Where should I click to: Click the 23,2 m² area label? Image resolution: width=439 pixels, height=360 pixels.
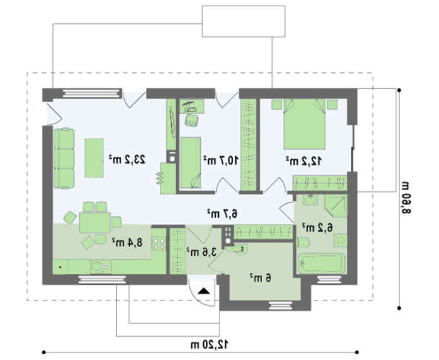tap(127, 159)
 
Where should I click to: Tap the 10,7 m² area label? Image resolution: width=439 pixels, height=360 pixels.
tap(221, 160)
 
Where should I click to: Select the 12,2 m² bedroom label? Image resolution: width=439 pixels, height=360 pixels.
tap(304, 161)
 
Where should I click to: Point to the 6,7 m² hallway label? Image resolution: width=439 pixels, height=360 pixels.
tap(222, 213)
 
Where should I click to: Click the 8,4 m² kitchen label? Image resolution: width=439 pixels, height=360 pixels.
tap(127, 242)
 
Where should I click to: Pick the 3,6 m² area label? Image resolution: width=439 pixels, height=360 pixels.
tap(201, 251)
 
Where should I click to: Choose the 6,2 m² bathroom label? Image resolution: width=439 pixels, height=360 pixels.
tap(317, 228)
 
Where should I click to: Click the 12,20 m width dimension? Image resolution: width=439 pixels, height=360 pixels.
tap(209, 344)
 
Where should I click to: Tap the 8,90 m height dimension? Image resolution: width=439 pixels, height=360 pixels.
tap(406, 198)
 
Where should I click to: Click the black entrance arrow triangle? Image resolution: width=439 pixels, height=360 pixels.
tap(204, 291)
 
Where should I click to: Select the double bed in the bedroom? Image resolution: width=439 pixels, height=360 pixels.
tap(304, 124)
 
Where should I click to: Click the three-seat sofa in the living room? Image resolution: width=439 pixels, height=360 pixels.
tap(64, 158)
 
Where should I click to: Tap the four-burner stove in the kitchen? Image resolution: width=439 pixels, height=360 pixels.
tap(159, 243)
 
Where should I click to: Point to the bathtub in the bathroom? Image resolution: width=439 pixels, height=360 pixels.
tap(321, 263)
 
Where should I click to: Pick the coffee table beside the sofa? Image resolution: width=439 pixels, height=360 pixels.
tap(94, 157)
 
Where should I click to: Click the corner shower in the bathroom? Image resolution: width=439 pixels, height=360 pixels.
tap(336, 206)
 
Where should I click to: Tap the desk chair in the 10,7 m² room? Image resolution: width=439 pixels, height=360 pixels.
tap(192, 120)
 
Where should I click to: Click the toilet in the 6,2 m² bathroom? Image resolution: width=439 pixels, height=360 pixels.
tap(303, 243)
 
